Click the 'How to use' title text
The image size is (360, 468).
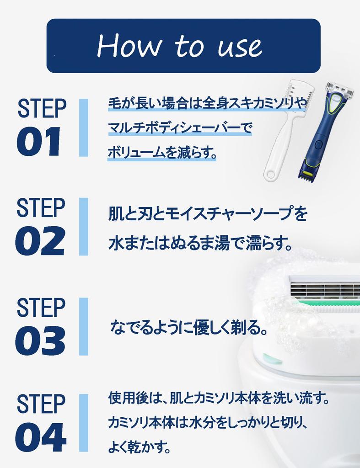(180, 46)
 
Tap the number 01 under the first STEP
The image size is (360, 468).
(39, 142)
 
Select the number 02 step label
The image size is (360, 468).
(40, 241)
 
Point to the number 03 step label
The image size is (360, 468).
(40, 341)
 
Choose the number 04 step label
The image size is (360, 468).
(41, 437)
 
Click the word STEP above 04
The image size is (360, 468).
(41, 404)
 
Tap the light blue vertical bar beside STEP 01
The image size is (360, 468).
(83, 128)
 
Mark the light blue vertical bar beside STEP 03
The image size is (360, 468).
(83, 326)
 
